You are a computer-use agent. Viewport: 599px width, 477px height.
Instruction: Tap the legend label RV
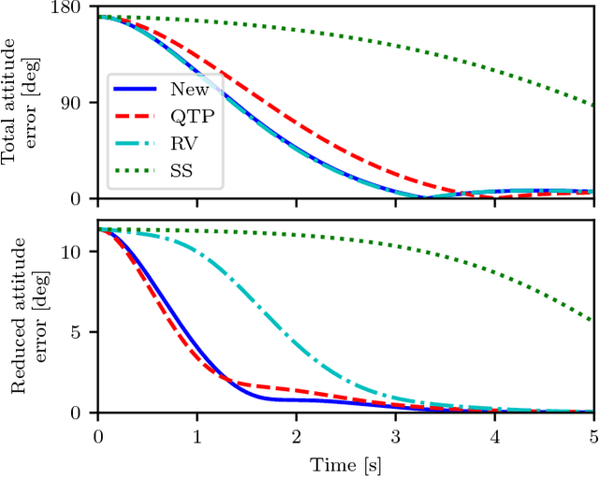[183, 144]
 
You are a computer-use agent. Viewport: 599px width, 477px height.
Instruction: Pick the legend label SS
[183, 171]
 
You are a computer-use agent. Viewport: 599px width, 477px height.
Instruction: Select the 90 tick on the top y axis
[80, 103]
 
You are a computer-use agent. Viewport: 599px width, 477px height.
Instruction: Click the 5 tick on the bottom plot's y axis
[85, 332]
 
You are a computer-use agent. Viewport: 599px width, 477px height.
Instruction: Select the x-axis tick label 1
[197, 435]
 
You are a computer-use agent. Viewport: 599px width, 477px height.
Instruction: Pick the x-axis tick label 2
[297, 435]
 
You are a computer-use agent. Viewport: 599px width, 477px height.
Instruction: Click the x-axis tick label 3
[396, 435]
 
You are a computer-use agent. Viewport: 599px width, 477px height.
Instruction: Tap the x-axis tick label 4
[495, 435]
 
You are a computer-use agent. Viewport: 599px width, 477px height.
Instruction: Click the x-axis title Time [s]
[346, 462]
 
